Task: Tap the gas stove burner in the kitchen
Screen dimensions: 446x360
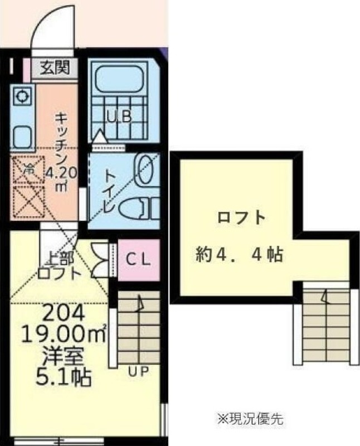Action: click(x=22, y=96)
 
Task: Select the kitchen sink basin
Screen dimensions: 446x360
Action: click(x=22, y=134)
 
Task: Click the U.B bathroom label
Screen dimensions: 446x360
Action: click(x=119, y=117)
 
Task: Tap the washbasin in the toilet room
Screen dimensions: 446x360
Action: click(x=146, y=169)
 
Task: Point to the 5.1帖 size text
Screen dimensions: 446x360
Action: click(x=56, y=378)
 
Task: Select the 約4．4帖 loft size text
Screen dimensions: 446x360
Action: click(x=239, y=256)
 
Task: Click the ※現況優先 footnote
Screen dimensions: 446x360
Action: click(x=250, y=419)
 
